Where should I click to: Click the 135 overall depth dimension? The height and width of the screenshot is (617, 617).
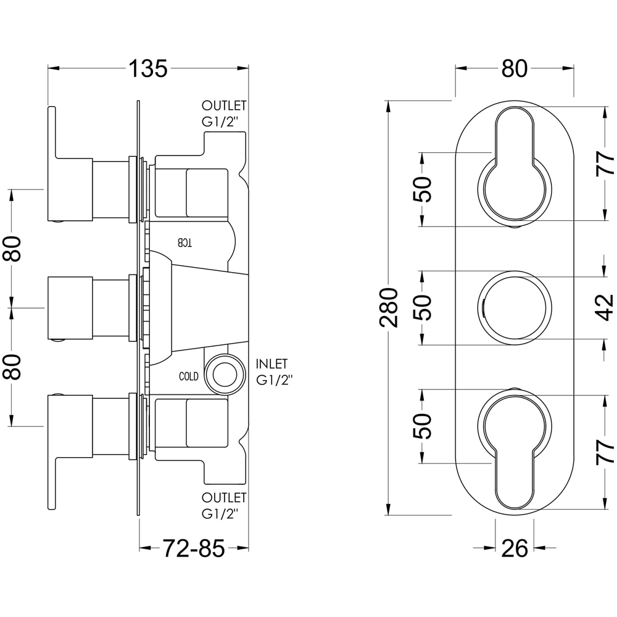pyautogui.click(x=148, y=68)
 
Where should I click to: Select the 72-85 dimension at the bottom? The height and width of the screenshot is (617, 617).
pyautogui.click(x=193, y=547)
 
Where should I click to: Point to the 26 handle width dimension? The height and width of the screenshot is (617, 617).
pyautogui.click(x=515, y=547)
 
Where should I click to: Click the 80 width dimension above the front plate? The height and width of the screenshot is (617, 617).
pyautogui.click(x=514, y=68)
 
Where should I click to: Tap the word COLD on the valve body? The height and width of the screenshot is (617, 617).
pyautogui.click(x=189, y=376)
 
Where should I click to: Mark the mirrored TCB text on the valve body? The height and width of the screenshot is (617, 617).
pyautogui.click(x=185, y=242)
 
